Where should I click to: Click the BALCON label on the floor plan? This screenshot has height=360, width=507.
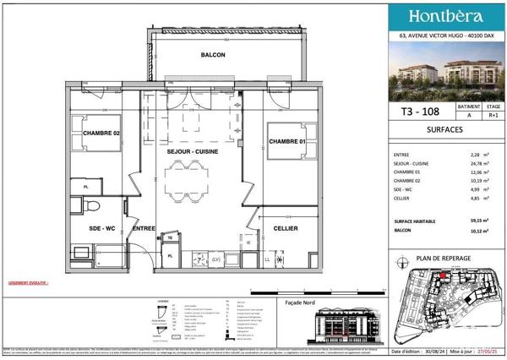tap(213, 55)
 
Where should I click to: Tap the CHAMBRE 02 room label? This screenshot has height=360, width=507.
tap(101, 133)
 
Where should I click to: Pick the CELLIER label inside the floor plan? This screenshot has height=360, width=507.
tap(284, 227)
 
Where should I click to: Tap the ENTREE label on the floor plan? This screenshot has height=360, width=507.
tap(144, 227)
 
